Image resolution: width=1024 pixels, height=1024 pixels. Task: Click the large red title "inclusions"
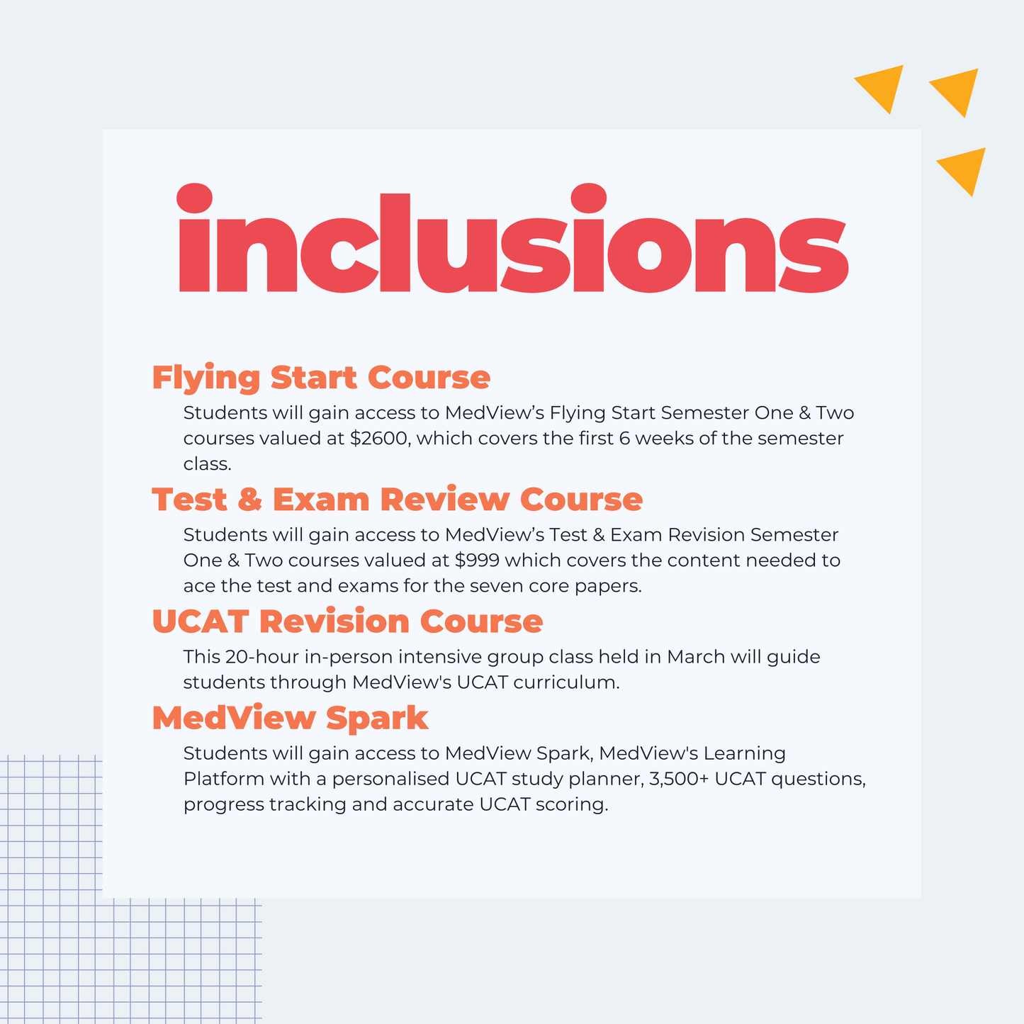coord(513,238)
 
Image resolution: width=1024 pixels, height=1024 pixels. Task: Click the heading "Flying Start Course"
coord(321,378)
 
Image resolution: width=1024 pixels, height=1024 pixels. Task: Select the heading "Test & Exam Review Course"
coord(398,499)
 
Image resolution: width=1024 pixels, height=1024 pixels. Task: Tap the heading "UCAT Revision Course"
coord(347,621)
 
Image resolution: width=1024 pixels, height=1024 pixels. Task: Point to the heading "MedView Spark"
coord(290,718)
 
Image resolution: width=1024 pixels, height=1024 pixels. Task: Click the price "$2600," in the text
coord(381,439)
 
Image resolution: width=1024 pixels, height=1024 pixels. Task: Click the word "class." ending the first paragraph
coord(207,464)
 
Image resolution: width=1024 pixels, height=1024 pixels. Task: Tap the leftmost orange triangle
coord(880,85)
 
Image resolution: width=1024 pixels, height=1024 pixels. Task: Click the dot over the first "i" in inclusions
coord(194,198)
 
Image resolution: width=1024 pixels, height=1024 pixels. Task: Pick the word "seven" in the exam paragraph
coord(495,586)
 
